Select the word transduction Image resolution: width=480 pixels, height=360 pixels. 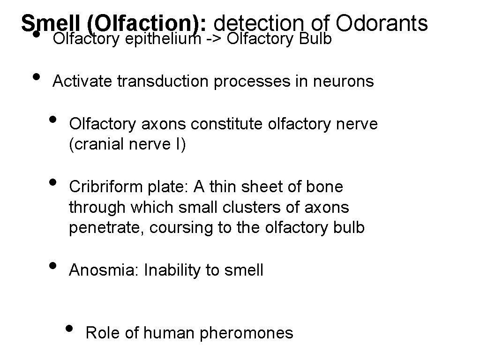(x=163, y=82)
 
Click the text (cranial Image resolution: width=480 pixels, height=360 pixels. (x=96, y=145)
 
